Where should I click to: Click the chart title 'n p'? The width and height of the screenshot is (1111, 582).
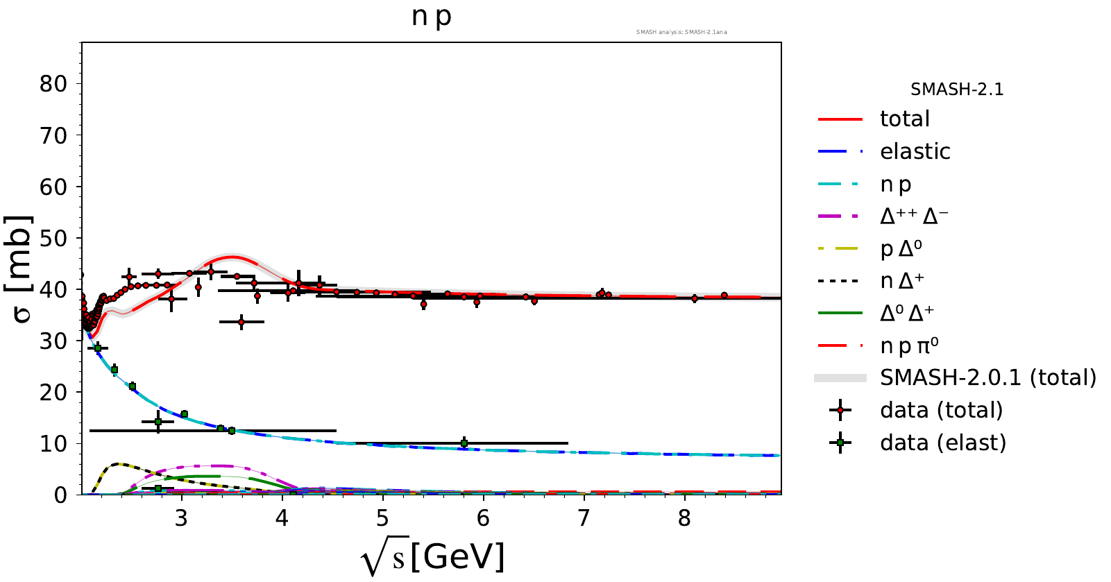click(x=431, y=16)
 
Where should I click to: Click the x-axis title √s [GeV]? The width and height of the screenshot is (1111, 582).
click(x=433, y=557)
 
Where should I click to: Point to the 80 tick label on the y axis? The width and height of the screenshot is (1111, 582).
click(x=53, y=84)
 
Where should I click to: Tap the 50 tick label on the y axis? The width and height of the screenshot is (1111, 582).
click(x=53, y=239)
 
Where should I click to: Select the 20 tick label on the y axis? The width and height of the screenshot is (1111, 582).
click(x=53, y=393)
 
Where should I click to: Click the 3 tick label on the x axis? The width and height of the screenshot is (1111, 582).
click(x=182, y=518)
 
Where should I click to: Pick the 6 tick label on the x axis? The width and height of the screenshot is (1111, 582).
click(x=483, y=518)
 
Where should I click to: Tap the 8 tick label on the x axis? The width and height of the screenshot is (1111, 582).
click(x=684, y=518)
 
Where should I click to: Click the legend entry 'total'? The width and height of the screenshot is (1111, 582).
click(x=904, y=119)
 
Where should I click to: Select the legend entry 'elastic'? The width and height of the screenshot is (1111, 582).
click(x=915, y=151)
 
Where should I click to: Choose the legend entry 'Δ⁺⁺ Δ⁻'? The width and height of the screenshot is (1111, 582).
click(x=914, y=216)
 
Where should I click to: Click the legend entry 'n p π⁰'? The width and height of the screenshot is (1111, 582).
click(x=909, y=346)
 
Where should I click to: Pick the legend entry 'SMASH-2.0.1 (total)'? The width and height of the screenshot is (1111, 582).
click(x=987, y=378)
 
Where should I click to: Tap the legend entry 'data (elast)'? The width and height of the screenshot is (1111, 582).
click(x=942, y=443)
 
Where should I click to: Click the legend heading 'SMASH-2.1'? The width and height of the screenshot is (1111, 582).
click(x=957, y=89)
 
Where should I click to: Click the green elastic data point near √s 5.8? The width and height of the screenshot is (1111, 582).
click(x=464, y=443)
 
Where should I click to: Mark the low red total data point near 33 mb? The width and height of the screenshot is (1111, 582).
click(x=241, y=322)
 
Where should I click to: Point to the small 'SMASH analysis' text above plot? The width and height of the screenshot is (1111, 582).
click(x=681, y=32)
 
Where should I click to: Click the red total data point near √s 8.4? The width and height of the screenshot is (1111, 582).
click(x=724, y=296)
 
